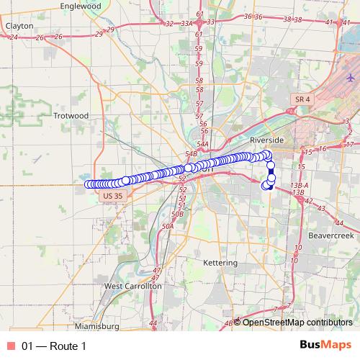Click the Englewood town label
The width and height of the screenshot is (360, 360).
81,6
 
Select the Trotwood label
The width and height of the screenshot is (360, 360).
71,115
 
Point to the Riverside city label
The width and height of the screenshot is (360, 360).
268,139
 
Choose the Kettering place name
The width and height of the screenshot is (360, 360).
220,263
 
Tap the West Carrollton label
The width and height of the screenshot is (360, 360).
133,286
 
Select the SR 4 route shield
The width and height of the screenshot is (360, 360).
302,98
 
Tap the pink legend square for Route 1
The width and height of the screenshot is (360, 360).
10,346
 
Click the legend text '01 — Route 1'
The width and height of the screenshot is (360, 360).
54,346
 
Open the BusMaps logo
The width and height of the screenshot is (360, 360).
325,346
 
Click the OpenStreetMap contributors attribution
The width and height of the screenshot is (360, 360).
297,322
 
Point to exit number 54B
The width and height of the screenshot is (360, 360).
191,153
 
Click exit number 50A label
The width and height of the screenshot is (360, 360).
168,226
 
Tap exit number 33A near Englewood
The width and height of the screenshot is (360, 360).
186,23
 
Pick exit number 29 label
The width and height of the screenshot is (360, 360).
109,30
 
